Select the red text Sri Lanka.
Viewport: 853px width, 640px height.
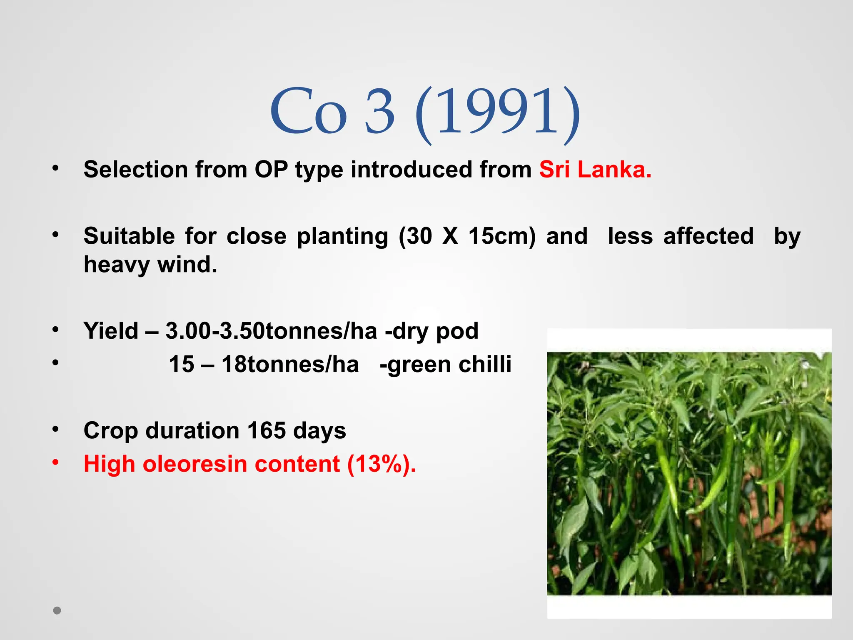point(595,170)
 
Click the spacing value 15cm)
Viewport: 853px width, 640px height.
point(502,236)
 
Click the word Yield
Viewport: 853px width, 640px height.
point(111,331)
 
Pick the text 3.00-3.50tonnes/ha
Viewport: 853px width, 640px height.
point(271,331)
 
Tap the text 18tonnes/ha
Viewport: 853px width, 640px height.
point(290,364)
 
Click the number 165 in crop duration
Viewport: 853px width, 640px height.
point(267,430)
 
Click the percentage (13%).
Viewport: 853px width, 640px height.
point(381,464)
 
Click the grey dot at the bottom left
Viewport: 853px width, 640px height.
point(57,610)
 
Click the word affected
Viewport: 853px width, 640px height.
point(708,236)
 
